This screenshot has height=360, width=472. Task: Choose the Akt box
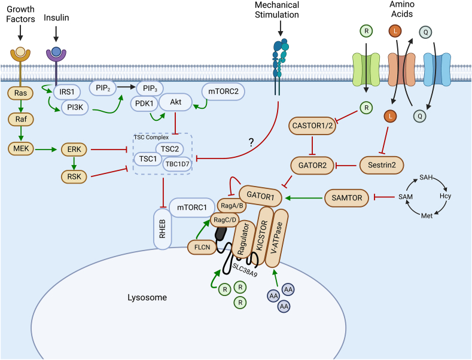pyautogui.click(x=175, y=102)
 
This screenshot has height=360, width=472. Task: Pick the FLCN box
pyautogui.click(x=196, y=245)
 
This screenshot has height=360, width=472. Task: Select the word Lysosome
pyautogui.click(x=147, y=297)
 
